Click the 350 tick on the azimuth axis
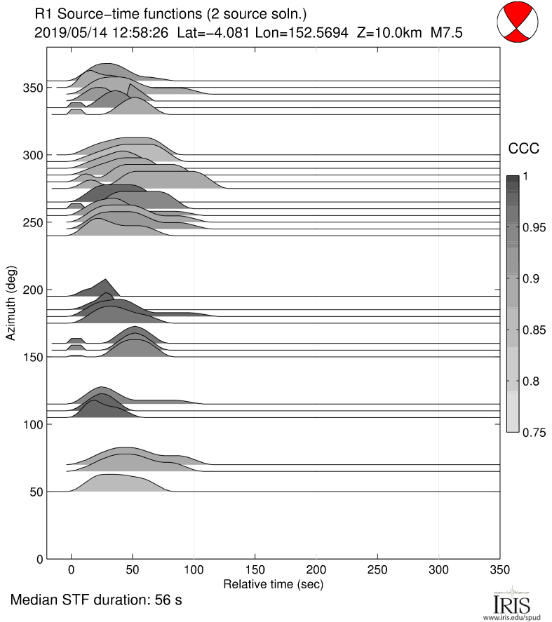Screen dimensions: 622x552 click(x=32, y=87)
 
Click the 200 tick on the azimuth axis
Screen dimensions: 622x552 click(x=32, y=290)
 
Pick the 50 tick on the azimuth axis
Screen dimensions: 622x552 click(x=35, y=492)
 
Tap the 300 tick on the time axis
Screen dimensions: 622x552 click(x=438, y=570)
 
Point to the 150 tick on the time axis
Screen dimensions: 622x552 click(x=255, y=570)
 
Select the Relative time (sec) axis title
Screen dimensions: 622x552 click(x=273, y=583)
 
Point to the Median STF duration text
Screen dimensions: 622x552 click(x=97, y=600)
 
